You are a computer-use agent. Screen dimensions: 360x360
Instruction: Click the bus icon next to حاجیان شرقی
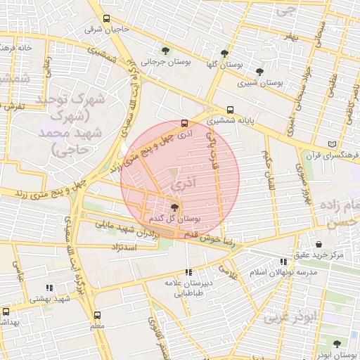point(106,19)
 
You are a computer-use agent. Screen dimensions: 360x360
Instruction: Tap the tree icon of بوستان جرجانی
point(165,51)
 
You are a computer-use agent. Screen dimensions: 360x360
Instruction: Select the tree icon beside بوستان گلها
point(224,53)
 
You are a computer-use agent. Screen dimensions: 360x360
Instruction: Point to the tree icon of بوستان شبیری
point(260,71)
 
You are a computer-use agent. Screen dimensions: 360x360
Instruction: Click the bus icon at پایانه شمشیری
point(230,110)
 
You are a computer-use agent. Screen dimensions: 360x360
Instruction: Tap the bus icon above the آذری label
point(184,121)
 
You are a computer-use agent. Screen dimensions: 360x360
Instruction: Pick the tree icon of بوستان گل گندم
point(174,207)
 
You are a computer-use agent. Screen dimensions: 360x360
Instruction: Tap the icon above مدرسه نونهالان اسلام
point(283,261)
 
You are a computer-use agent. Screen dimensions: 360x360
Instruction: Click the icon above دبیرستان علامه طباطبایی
point(188,272)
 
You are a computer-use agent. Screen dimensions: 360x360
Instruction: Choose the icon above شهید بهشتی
point(49,288)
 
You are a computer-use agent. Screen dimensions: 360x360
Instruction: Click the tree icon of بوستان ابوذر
point(336,345)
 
